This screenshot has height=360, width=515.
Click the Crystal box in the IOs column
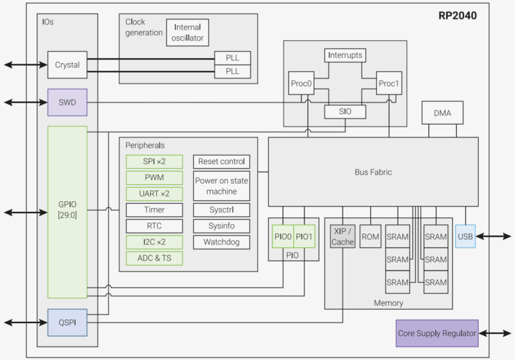point(67,65)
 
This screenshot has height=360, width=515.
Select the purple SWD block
point(67,102)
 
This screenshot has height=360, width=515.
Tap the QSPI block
point(67,322)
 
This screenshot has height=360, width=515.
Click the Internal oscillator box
point(188,32)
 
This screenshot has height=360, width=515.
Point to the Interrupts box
point(345,55)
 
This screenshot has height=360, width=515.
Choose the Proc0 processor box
point(301,83)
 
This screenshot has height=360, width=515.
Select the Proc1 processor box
point(388,83)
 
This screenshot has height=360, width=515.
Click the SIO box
point(345,112)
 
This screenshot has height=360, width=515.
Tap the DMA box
point(443,113)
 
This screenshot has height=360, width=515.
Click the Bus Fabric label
point(373,172)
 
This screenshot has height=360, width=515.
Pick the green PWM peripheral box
point(154,178)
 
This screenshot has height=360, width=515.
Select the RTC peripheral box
point(154,226)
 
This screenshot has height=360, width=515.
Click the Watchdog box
point(222,242)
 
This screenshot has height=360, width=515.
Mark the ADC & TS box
point(154,258)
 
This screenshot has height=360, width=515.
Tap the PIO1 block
point(305,237)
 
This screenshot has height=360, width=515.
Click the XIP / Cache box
point(343,237)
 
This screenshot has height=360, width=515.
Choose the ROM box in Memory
point(370,237)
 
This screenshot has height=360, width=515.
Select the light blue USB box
point(465,237)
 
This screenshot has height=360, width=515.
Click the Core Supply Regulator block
point(437,333)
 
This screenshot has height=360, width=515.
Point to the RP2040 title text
point(459,15)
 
